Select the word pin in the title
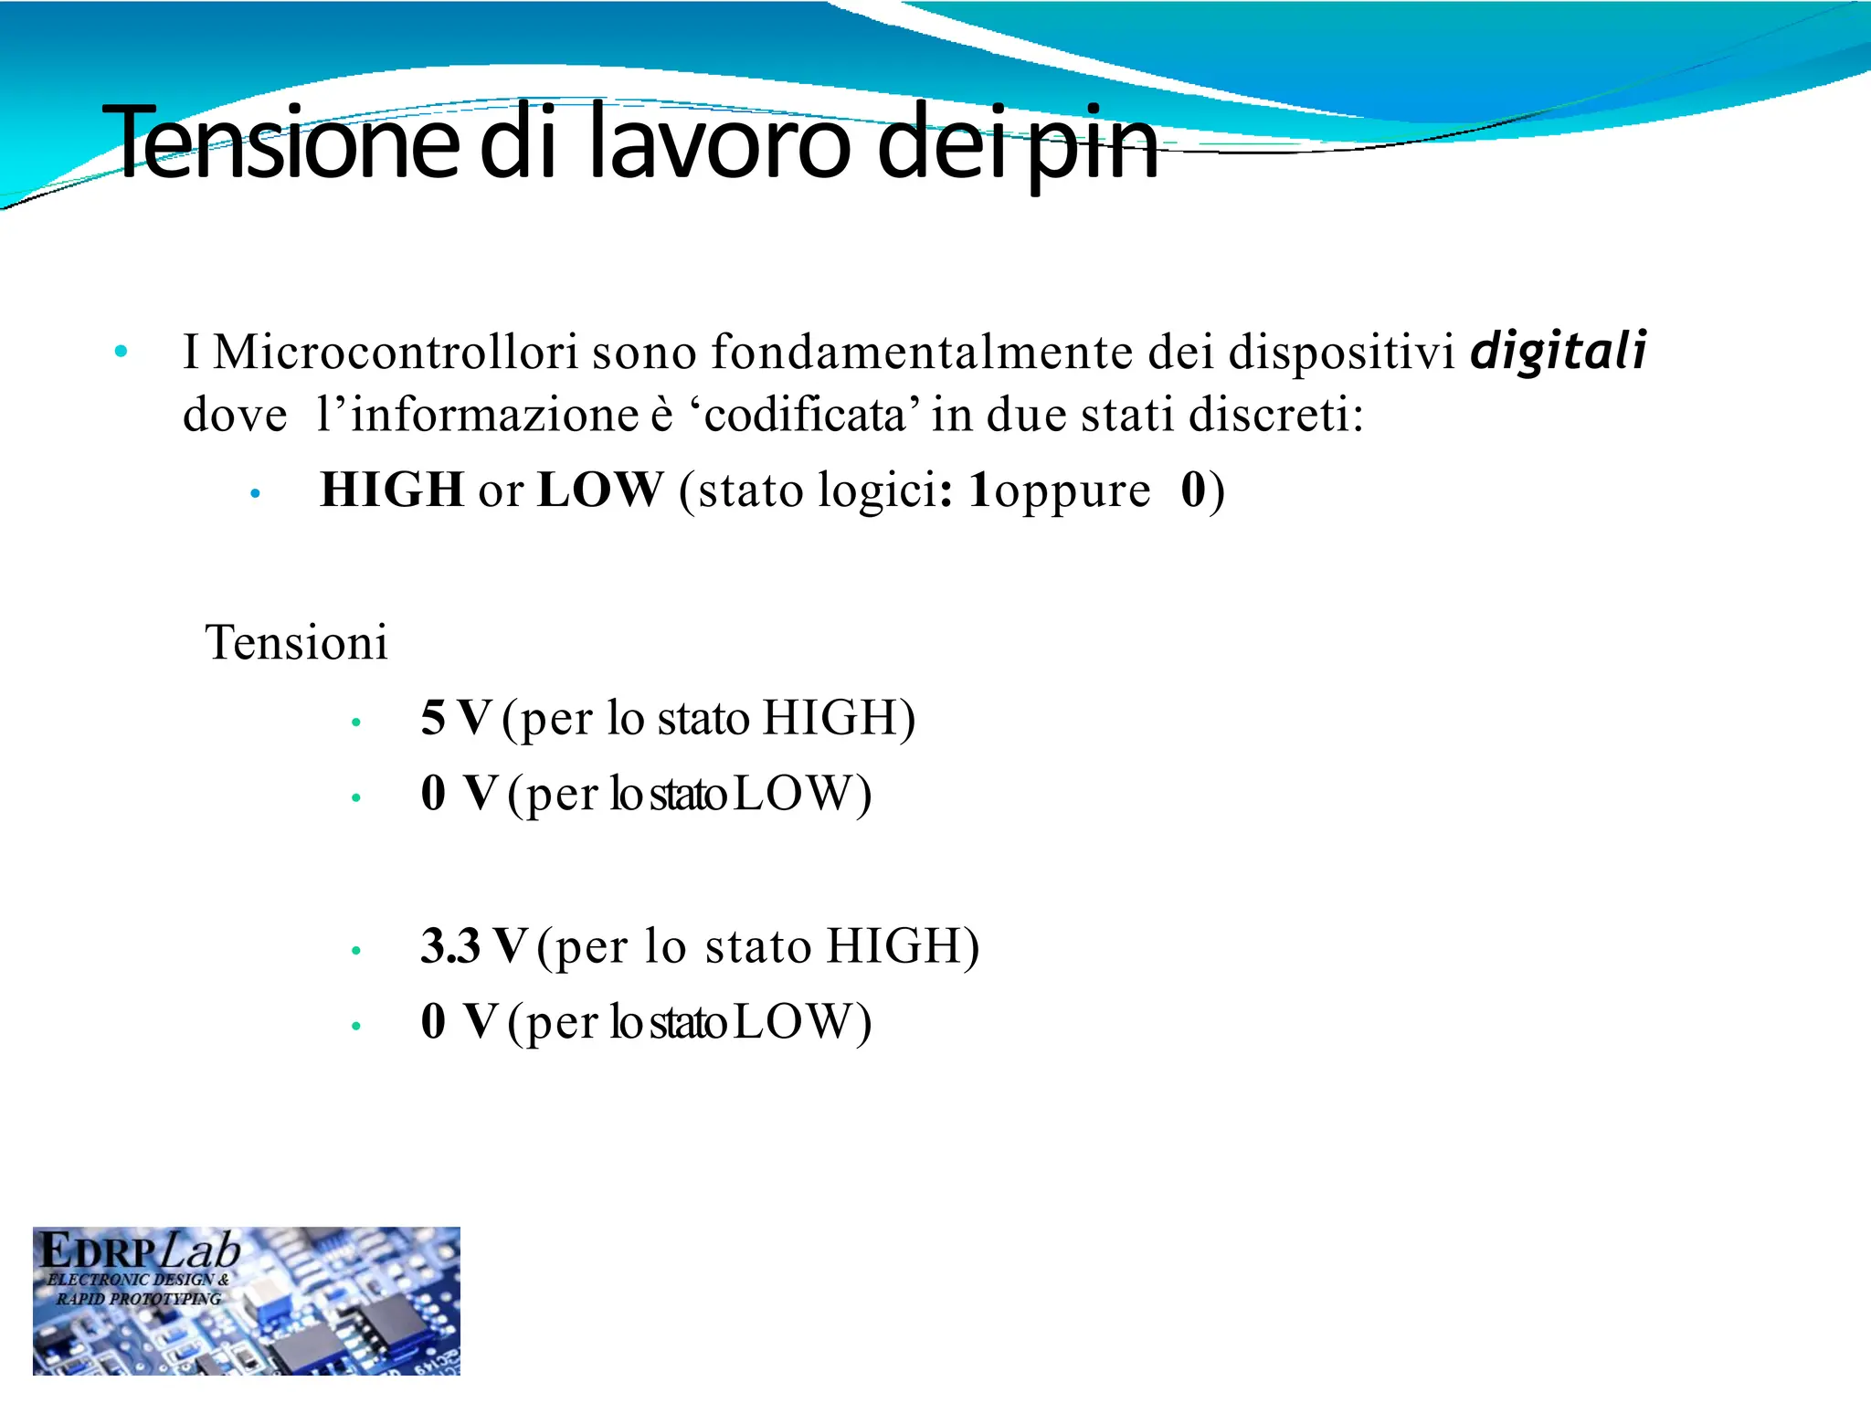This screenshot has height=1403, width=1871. coord(1092,146)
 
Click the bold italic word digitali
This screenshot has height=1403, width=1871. coord(1559,352)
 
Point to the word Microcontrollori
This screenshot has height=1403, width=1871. coord(396,352)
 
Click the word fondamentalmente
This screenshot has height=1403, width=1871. coord(922,352)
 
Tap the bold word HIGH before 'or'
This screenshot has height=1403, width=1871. coord(392,491)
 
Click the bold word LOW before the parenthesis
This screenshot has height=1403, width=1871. coord(599,491)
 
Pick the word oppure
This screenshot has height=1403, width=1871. coord(1072,493)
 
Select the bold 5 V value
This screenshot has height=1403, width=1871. coord(456,718)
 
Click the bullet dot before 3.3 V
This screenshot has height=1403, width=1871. coord(356,951)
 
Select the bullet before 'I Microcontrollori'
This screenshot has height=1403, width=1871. coord(121,352)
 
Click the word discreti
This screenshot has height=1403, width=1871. coord(1275,416)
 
